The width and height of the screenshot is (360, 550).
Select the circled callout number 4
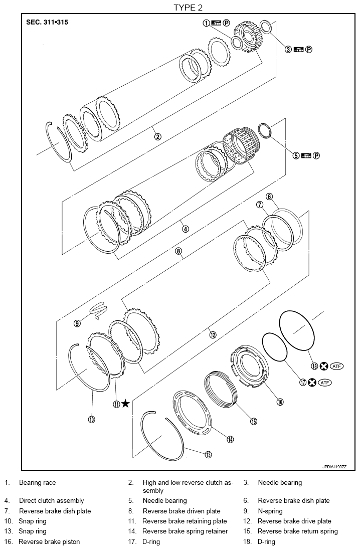(x=186, y=229)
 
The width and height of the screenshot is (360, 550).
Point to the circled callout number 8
(x=178, y=251)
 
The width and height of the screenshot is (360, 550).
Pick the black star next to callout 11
(x=125, y=404)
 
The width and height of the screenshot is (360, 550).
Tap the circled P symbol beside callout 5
(x=316, y=155)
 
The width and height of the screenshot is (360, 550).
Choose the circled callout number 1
(x=206, y=23)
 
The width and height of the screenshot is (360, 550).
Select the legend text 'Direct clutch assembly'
(x=52, y=500)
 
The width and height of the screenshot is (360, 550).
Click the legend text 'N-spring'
(x=270, y=511)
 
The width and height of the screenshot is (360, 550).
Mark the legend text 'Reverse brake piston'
(x=49, y=541)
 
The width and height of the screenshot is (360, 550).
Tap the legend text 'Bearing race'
(x=38, y=482)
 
